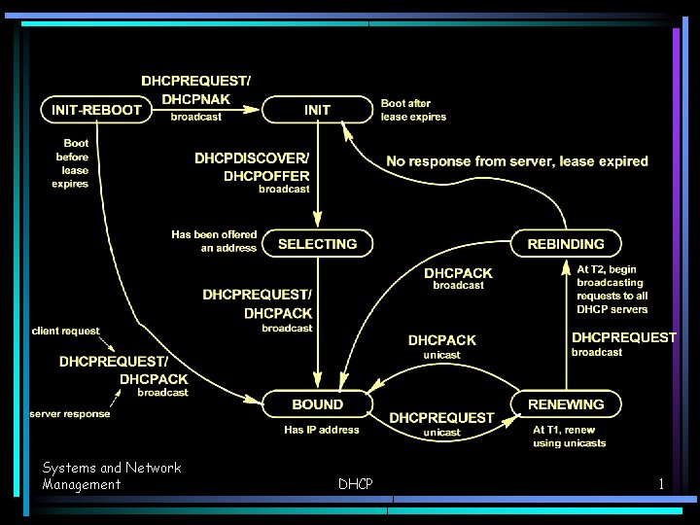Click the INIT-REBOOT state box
[x=96, y=110]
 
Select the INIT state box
[x=317, y=110]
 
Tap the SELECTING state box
[x=317, y=244]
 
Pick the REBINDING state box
[x=566, y=244]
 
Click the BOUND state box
[x=317, y=404]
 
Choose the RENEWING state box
[x=566, y=404]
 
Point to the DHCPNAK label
[x=195, y=99]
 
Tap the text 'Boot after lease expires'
[x=413, y=110]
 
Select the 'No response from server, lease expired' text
[x=517, y=161]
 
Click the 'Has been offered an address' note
[x=214, y=241]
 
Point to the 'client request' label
[x=65, y=331]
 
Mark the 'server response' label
[x=69, y=413]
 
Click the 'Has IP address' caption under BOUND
[x=322, y=430]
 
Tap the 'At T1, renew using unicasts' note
[x=570, y=437]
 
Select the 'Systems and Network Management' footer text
[x=111, y=475]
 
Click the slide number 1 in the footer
[x=661, y=483]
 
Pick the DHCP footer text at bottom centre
[x=355, y=483]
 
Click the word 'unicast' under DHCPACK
[x=442, y=355]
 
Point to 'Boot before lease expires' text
[x=70, y=163]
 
